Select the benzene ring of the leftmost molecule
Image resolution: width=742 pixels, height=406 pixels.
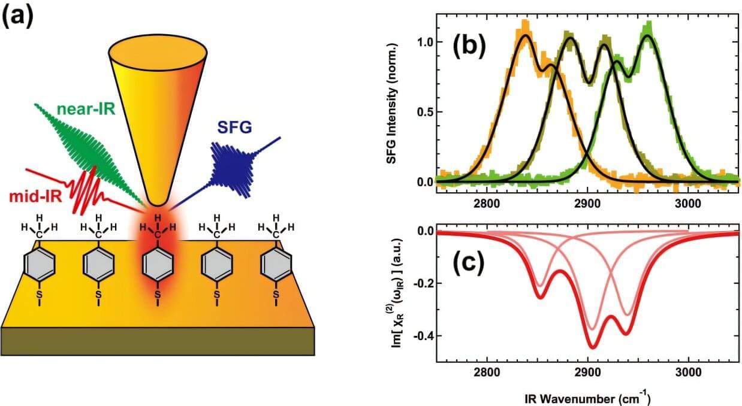click(39, 264)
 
